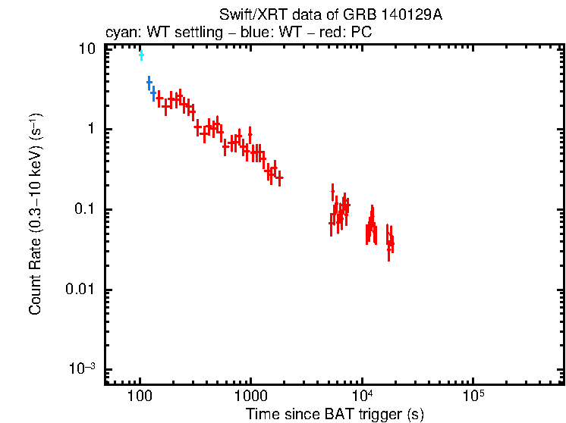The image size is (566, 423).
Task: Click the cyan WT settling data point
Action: click(141, 55)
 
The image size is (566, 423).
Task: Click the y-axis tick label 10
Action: click(88, 49)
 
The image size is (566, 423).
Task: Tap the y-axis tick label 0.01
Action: click(82, 290)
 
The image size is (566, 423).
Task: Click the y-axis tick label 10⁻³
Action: click(83, 369)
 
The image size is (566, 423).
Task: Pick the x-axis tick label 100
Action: click(140, 397)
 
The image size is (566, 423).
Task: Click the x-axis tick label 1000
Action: click(250, 397)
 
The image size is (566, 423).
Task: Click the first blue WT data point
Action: click(149, 82)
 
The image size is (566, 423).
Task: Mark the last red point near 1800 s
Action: click(279, 178)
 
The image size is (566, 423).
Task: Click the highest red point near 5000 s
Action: click(332, 190)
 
